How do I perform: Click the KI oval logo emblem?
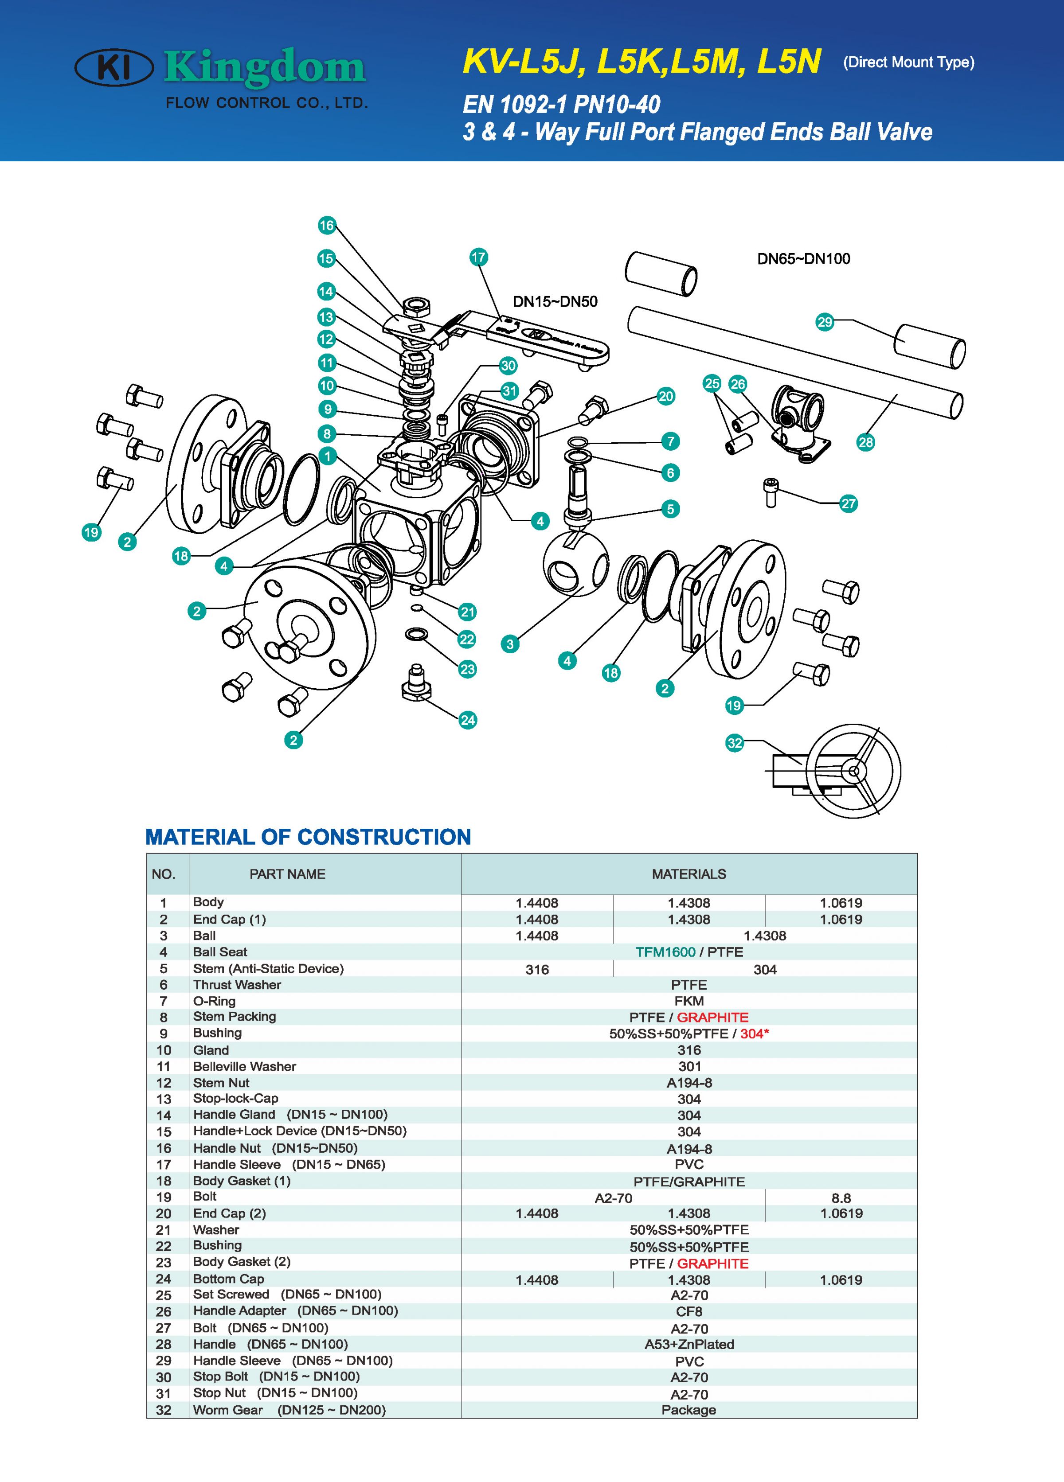click(x=115, y=68)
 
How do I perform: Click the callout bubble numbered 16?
click(x=326, y=226)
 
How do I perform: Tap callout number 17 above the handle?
click(x=478, y=257)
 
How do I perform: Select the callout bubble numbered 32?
click(x=735, y=743)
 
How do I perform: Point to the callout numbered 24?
click(x=467, y=720)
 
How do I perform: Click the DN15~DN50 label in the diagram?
click(x=555, y=302)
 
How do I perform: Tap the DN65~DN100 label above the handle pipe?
click(x=803, y=259)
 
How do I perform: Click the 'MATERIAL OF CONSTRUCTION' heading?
click(x=308, y=837)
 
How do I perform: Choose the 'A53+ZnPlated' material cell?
click(x=689, y=1344)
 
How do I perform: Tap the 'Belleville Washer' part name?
click(x=244, y=1066)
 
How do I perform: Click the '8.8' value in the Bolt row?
click(x=841, y=1198)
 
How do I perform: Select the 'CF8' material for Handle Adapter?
click(x=689, y=1311)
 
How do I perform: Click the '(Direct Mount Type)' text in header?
click(x=908, y=63)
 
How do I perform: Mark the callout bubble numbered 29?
click(x=825, y=322)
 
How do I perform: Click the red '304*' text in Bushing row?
click(x=754, y=1034)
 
